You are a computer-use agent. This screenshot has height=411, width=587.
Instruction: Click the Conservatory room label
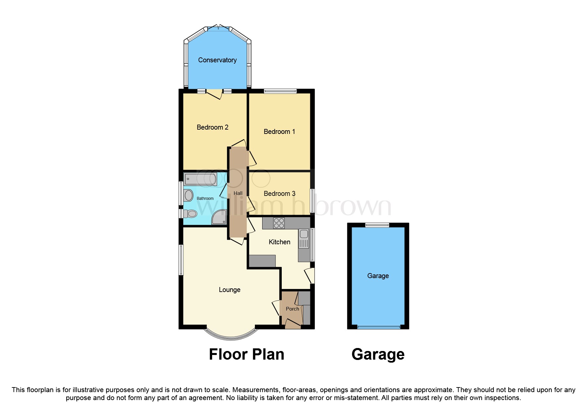coord(217,60)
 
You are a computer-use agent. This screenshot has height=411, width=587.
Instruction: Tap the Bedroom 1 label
coord(279,132)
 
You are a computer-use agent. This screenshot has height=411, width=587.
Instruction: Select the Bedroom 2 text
coord(212,127)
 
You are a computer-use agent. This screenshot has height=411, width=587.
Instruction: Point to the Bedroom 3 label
coord(279,194)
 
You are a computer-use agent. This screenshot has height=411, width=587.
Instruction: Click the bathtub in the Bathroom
coord(200,179)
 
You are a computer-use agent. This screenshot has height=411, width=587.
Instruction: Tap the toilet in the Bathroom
coord(191,213)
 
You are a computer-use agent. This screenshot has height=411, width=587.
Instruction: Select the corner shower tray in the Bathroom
coord(219,217)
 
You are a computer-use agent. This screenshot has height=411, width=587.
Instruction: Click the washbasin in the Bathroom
coord(189,195)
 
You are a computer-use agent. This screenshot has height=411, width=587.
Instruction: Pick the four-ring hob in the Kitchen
coord(279,223)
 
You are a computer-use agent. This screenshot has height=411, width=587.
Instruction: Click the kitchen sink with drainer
coord(304,239)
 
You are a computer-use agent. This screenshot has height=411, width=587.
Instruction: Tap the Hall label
coord(238,193)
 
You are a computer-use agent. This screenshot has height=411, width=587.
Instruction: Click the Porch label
coord(292,309)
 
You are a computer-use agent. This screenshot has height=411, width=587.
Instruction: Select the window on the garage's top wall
coord(377,225)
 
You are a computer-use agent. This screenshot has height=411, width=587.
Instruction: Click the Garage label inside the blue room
coord(378,276)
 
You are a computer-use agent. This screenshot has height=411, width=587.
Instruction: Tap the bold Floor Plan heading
coord(246,354)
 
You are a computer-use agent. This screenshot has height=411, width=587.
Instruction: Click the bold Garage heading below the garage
coord(378,354)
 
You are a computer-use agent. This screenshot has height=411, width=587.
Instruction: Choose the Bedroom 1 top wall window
coord(280,91)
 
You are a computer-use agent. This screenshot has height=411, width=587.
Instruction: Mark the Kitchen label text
coord(279,242)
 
